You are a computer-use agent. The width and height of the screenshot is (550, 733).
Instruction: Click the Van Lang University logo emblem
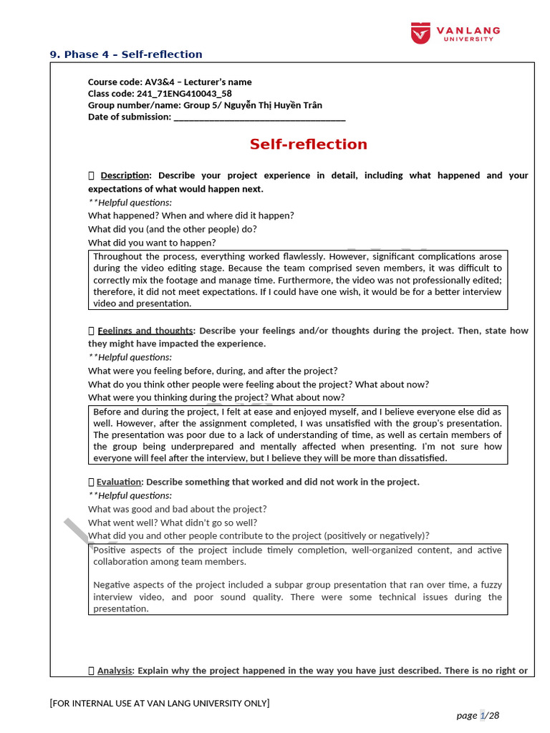coord(420,33)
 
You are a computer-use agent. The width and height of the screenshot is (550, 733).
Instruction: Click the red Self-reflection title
coord(308,145)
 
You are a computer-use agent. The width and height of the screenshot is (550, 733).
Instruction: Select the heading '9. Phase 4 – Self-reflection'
coord(126,54)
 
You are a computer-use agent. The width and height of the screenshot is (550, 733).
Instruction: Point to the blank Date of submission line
coord(259,117)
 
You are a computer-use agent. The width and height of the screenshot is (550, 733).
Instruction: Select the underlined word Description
coord(125,175)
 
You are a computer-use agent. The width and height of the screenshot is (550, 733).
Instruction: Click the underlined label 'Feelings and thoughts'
coord(145,331)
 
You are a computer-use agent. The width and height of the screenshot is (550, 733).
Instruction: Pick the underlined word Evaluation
coord(120,482)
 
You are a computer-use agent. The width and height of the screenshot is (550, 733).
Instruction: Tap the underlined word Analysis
coord(115,671)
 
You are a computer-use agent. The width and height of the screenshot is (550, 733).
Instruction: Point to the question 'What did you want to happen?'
coord(152,243)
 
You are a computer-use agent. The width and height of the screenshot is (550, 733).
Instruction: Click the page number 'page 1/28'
coord(478,715)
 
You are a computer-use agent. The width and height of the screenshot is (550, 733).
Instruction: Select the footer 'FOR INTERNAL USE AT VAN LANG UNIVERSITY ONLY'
coord(159,703)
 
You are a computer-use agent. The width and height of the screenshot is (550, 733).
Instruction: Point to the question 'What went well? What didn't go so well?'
coord(173,523)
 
